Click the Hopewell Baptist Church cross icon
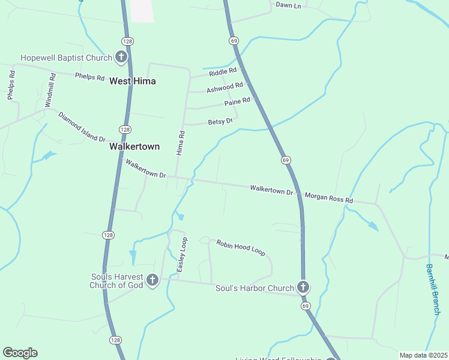(x=121, y=58)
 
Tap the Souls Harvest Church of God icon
(x=152, y=280)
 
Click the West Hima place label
(x=133, y=81)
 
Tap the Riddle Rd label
(x=223, y=73)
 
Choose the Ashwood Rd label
(x=224, y=88)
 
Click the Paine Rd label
(x=237, y=103)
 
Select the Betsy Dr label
(x=220, y=122)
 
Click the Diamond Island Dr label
(x=82, y=127)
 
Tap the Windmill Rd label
(x=52, y=90)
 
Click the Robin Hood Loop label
(x=241, y=247)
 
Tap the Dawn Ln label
(x=288, y=5)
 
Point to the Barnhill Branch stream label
(x=434, y=289)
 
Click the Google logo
(x=20, y=353)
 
